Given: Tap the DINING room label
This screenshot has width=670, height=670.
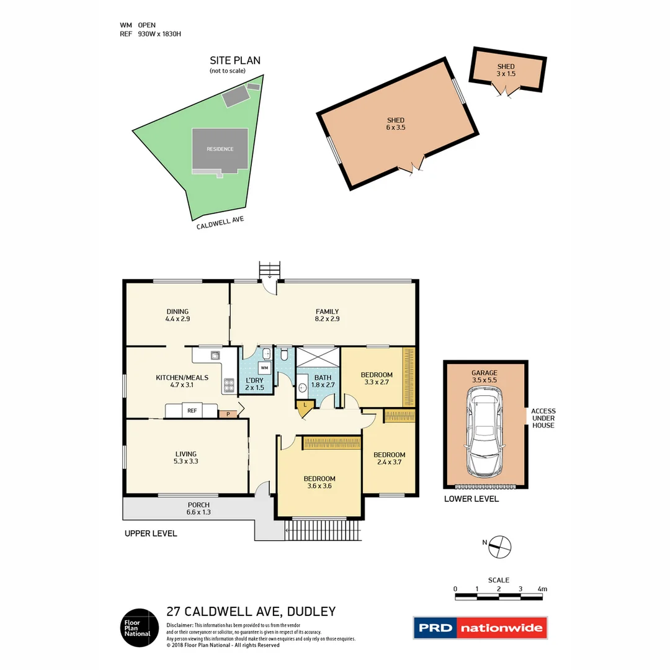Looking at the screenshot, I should [x=177, y=315].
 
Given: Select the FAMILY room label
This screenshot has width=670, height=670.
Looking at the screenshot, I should [x=327, y=315].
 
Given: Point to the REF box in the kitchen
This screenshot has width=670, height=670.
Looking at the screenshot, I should [x=192, y=411].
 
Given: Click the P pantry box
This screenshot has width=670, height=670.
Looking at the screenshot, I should [x=228, y=414].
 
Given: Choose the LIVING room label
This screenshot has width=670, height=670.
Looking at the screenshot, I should [x=185, y=458].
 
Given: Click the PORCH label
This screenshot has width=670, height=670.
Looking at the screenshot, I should [x=199, y=509].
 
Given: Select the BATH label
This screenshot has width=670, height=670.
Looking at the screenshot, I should [x=323, y=381].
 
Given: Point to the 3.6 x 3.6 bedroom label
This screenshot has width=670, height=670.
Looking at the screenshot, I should [x=319, y=483].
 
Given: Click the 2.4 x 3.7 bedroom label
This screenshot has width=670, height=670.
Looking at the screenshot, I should [x=389, y=458].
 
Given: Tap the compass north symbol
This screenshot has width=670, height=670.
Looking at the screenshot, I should [x=499, y=547].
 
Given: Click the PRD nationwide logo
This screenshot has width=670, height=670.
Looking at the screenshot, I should [x=481, y=628].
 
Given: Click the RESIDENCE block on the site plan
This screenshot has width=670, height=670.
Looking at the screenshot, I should [x=220, y=149].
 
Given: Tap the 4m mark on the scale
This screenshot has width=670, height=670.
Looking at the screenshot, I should [x=542, y=589].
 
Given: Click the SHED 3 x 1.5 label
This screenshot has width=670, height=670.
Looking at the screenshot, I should [x=506, y=70].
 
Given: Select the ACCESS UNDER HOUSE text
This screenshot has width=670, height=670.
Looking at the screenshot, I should [x=543, y=418].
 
